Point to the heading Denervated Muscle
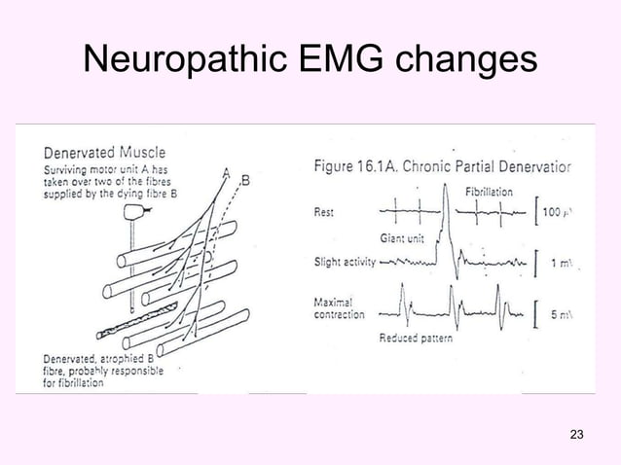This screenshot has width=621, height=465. pyautogui.click(x=105, y=152)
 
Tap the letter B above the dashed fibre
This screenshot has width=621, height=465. pyautogui.click(x=244, y=179)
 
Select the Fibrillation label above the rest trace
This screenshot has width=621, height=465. pyautogui.click(x=490, y=191)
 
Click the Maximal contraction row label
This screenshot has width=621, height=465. pyautogui.click(x=340, y=308)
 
